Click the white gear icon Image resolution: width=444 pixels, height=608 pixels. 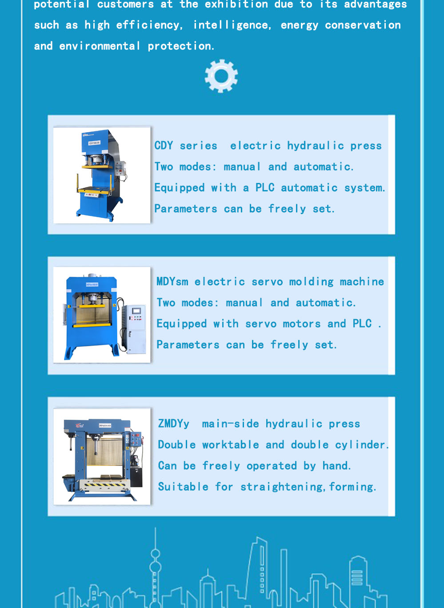[x=221, y=76]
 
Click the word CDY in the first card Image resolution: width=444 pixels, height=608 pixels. [x=164, y=146]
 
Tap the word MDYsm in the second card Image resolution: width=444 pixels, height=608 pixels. [x=172, y=281]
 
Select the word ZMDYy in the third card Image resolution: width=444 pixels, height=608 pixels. [x=174, y=423]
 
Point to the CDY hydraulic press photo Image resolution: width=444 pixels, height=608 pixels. [x=102, y=175]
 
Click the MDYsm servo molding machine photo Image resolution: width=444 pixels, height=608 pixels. [x=102, y=315]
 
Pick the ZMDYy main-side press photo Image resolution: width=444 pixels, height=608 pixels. [x=102, y=457]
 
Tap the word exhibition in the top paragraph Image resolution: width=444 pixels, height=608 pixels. [x=236, y=4]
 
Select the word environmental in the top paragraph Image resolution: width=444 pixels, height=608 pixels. [x=100, y=46]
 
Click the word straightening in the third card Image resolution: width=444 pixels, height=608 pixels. [x=281, y=487]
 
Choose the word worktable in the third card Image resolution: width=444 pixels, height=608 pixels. [x=231, y=445]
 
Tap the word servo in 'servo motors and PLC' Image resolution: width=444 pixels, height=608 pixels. [x=260, y=324]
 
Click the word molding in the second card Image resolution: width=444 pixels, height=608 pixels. [x=311, y=282]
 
